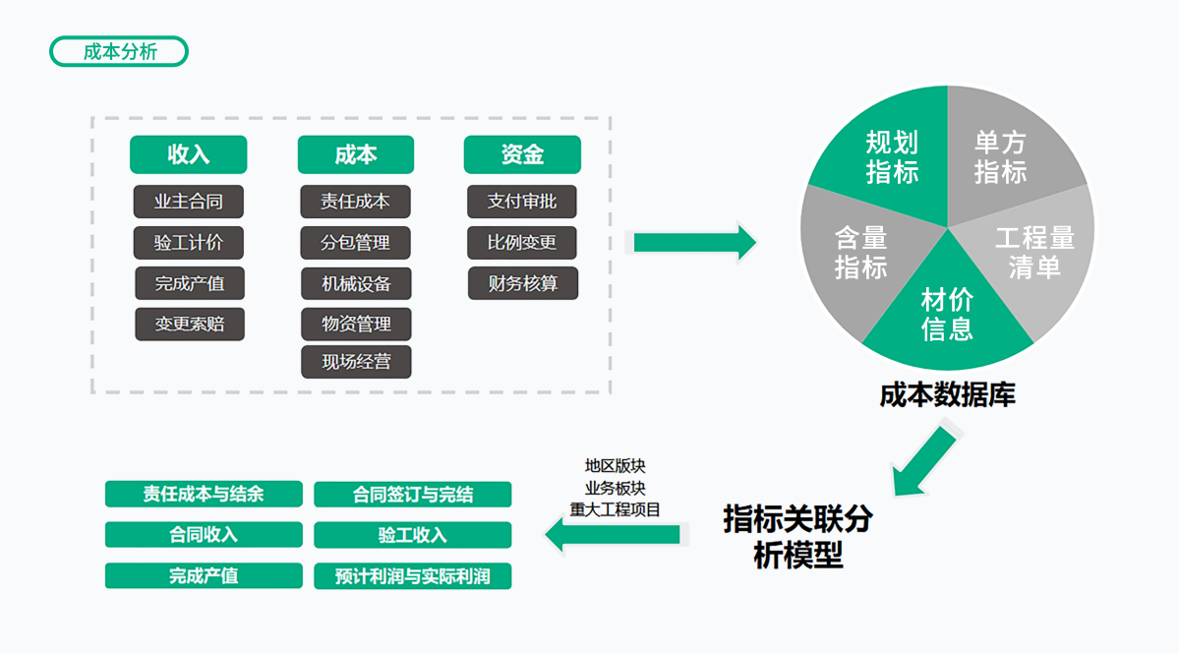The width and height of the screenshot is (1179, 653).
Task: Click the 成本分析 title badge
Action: point(119,52)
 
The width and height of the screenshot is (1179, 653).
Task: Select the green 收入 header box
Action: point(188,154)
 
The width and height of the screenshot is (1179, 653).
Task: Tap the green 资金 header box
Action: point(522,154)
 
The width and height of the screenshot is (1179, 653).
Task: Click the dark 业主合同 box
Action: point(188,202)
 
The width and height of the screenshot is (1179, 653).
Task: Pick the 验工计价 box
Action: point(188,243)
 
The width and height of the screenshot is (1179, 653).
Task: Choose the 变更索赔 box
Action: point(188,324)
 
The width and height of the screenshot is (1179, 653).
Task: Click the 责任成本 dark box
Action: point(355,202)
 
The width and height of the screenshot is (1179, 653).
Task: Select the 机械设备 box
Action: point(355,283)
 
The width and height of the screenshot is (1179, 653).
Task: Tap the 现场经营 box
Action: point(355,361)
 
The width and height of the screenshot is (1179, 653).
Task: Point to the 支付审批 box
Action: point(522,202)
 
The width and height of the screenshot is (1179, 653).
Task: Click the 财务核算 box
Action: point(522,283)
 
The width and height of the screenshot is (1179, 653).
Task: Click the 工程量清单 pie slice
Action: point(1032,253)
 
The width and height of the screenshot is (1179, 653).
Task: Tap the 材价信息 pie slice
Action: point(947,313)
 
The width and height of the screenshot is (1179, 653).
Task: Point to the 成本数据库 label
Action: point(947,395)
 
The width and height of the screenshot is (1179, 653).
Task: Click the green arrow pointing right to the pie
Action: point(693,242)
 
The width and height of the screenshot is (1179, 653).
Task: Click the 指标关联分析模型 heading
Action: point(797,536)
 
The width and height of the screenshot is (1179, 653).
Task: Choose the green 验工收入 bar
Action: point(412,535)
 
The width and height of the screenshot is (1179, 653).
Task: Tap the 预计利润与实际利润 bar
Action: point(412,576)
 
